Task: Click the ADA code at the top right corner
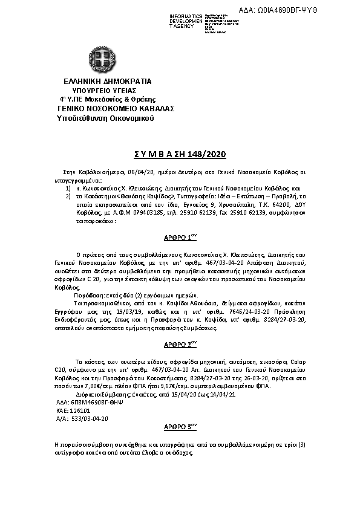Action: click(313, 11)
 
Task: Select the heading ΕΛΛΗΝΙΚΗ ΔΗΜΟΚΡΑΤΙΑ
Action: click(99, 81)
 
